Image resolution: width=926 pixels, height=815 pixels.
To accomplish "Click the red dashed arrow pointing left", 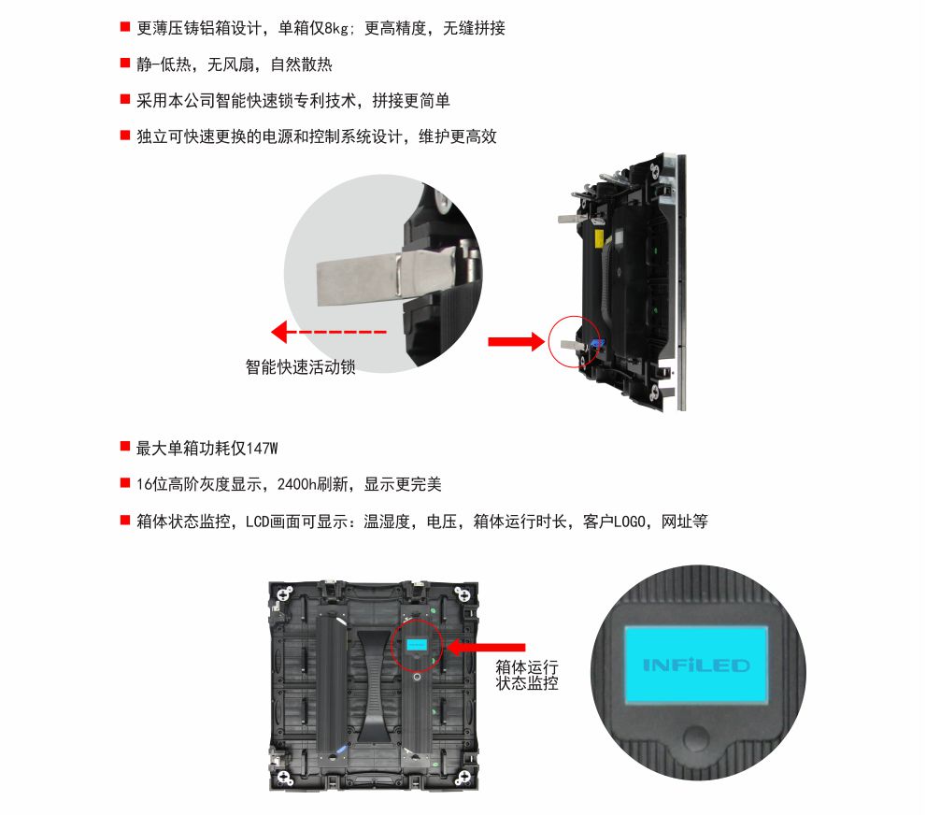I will coord(328,332).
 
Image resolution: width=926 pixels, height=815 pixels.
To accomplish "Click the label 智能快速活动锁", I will coord(301,367).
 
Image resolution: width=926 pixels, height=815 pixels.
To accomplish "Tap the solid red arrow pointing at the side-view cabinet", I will coord(515,341).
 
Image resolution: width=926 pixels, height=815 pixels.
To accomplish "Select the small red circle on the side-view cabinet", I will coord(573,342).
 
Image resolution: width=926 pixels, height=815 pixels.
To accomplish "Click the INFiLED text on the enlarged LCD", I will coord(696,665).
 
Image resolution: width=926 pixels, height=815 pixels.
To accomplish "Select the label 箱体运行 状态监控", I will coord(527,675).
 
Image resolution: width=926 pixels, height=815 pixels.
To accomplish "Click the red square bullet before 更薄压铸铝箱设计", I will coord(124,27).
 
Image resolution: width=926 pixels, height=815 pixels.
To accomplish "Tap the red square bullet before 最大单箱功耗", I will coord(124,448).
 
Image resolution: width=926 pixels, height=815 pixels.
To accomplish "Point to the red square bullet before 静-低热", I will coord(124,64).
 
